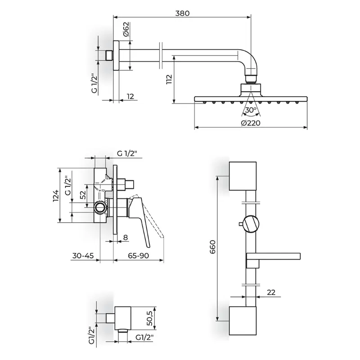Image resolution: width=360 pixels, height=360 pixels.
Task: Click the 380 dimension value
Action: pyautogui.click(x=183, y=13)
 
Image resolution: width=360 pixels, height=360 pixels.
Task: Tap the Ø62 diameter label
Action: pyautogui.click(x=126, y=29)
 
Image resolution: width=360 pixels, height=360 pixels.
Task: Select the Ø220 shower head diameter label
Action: pyautogui.click(x=251, y=123)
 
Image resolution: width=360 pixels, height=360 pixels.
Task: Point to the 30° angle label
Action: pyautogui.click(x=251, y=110)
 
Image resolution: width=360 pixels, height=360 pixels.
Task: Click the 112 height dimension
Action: pyautogui.click(x=169, y=79)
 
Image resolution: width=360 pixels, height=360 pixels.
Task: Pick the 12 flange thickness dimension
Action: pyautogui.click(x=130, y=96)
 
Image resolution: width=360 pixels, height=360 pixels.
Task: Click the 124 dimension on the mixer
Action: pyautogui.click(x=56, y=196)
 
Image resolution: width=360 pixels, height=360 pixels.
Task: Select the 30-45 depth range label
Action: pyautogui.click(x=83, y=256)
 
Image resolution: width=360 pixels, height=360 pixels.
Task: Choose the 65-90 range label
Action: pyautogui.click(x=139, y=256)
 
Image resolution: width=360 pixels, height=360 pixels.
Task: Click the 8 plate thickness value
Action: pyautogui.click(x=126, y=237)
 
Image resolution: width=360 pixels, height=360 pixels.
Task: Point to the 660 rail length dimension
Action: pyautogui.click(x=212, y=247)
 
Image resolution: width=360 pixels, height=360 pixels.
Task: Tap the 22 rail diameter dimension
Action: pyautogui.click(x=271, y=292)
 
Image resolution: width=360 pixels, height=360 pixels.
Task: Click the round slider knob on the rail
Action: pyautogui.click(x=251, y=224)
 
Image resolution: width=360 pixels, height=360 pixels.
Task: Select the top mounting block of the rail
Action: pyautogui.click(x=243, y=176)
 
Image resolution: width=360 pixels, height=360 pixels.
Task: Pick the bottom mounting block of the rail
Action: pyautogui.click(x=243, y=320)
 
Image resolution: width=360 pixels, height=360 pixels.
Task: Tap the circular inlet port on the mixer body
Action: pyautogui.click(x=100, y=207)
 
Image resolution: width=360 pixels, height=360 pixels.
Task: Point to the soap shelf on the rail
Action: pyautogui.click(x=273, y=256)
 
